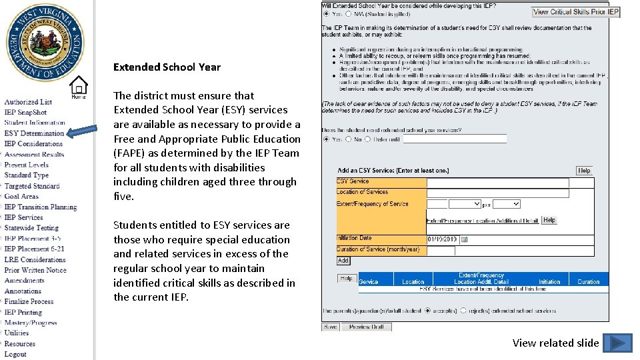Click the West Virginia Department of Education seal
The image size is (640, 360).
pos(45,43)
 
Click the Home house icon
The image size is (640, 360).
pos(79,87)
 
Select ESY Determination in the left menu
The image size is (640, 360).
pos(34,133)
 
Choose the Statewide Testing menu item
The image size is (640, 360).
pos(31,228)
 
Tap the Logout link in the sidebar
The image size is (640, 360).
pos(15,354)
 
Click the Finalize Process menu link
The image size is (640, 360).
pos(29,301)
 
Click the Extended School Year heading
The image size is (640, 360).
pos(167,67)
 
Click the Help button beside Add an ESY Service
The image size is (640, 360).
pos(584,171)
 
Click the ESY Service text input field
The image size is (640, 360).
pos(497,182)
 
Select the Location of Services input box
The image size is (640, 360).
pos(497,193)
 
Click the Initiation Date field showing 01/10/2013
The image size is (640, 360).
pos(443,239)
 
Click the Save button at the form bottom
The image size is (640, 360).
pos(330,327)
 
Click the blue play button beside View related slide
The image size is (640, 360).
pos(617,343)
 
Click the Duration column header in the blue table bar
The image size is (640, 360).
pos(588,282)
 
